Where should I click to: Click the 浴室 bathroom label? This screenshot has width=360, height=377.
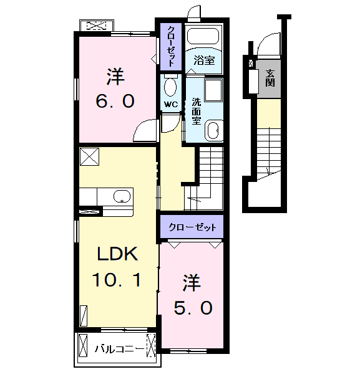click(x=204, y=60)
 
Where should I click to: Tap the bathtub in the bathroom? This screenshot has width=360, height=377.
click(x=203, y=37)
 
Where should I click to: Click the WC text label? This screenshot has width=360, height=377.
click(x=171, y=104)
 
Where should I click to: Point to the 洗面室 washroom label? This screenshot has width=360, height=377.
click(x=197, y=112)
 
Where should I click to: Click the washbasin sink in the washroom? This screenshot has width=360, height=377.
click(x=213, y=131)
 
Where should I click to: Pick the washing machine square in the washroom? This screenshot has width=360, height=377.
click(x=213, y=90)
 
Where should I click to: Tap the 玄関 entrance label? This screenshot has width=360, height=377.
click(x=270, y=78)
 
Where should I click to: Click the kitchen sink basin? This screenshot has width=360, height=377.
click(x=122, y=196)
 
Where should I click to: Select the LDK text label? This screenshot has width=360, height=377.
click(x=117, y=254)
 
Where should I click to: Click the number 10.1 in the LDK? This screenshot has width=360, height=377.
click(x=116, y=280)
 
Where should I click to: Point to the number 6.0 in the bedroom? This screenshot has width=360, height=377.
click(x=115, y=101)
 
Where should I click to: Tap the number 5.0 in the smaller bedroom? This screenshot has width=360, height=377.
click(x=193, y=308)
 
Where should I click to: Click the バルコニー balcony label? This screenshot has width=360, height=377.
click(x=119, y=348)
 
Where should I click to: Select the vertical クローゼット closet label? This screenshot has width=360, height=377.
click(x=171, y=46)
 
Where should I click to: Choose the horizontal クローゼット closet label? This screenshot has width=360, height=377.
click(x=192, y=227)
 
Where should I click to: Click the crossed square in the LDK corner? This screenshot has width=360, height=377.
click(x=89, y=156)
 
